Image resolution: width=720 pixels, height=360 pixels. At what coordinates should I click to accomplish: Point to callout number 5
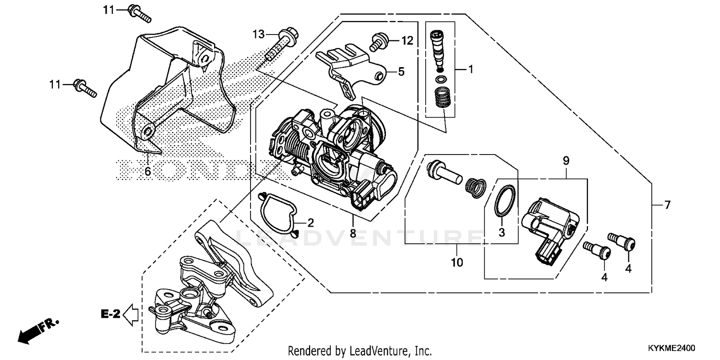tap(401, 72)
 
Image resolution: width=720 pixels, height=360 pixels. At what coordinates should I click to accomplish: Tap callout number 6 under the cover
tap(147, 171)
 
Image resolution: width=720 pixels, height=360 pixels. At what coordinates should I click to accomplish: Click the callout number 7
tap(667, 205)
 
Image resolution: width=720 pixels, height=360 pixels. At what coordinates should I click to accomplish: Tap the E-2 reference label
tap(110, 314)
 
